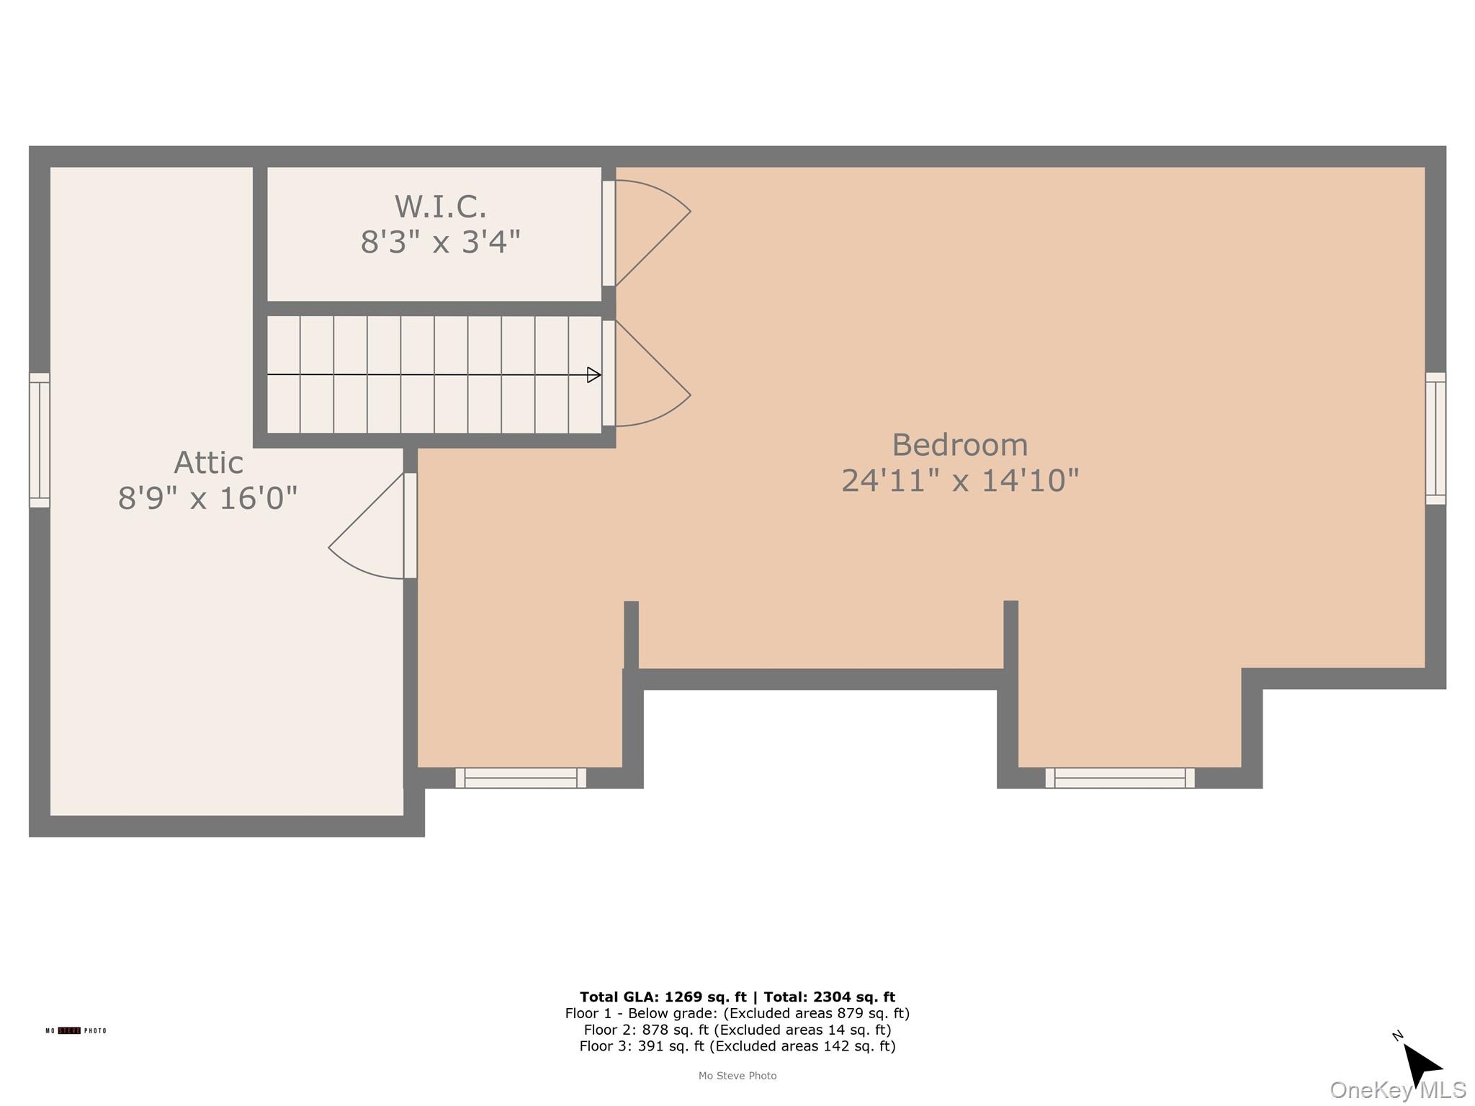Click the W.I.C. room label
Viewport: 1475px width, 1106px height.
point(440,207)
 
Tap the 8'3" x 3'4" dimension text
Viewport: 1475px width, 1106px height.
point(440,242)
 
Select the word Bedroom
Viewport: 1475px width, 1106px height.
point(959,445)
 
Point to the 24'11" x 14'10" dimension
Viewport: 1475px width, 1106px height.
point(959,480)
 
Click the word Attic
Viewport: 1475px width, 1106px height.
point(208,463)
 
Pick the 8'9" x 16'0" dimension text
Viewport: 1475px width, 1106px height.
point(207,498)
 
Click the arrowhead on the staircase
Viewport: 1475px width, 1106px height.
point(593,374)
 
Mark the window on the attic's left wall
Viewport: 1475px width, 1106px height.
point(39,440)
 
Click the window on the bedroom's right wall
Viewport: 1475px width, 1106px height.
point(1435,439)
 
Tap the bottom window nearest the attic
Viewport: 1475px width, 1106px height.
point(521,778)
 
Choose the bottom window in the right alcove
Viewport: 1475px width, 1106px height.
point(1120,778)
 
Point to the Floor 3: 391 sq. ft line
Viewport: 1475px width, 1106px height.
point(737,1046)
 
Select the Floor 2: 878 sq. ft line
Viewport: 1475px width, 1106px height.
point(737,1030)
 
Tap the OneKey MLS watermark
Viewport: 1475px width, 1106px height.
point(1397,1090)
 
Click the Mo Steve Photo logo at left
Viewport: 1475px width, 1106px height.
point(76,1031)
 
